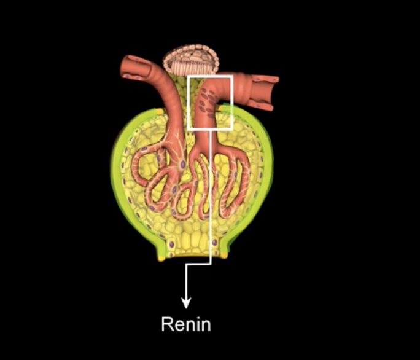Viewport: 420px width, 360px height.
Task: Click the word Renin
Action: coord(185,324)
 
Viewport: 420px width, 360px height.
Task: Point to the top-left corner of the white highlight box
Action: coord(187,76)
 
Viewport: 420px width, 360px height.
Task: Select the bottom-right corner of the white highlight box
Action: coord(231,129)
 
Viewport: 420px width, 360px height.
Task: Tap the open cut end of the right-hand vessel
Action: coord(268,93)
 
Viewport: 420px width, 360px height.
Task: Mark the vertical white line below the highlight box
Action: coord(211,197)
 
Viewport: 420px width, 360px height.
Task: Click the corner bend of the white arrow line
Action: coord(211,264)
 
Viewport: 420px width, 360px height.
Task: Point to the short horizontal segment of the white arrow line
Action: coord(198,264)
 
